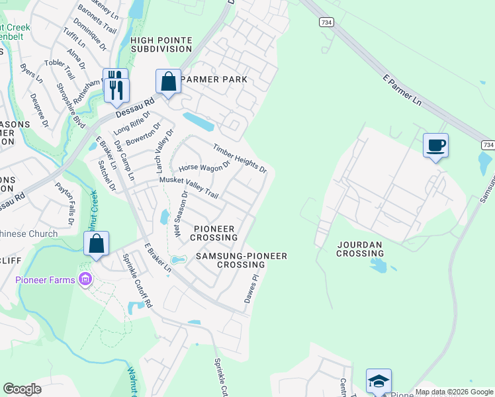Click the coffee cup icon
pyautogui.click(x=435, y=145)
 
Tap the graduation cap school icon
pyautogui.click(x=379, y=381)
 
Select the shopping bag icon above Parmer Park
pyautogui.click(x=169, y=81)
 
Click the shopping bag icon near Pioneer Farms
pyautogui.click(x=97, y=243)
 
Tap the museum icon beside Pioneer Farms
pyautogui.click(x=85, y=280)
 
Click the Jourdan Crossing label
pyautogui.click(x=360, y=249)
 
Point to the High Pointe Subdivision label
pyautogui.click(x=161, y=44)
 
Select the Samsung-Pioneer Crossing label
pyautogui.click(x=241, y=260)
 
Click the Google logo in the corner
pyautogui.click(x=22, y=389)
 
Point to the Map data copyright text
pyautogui.click(x=453, y=392)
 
